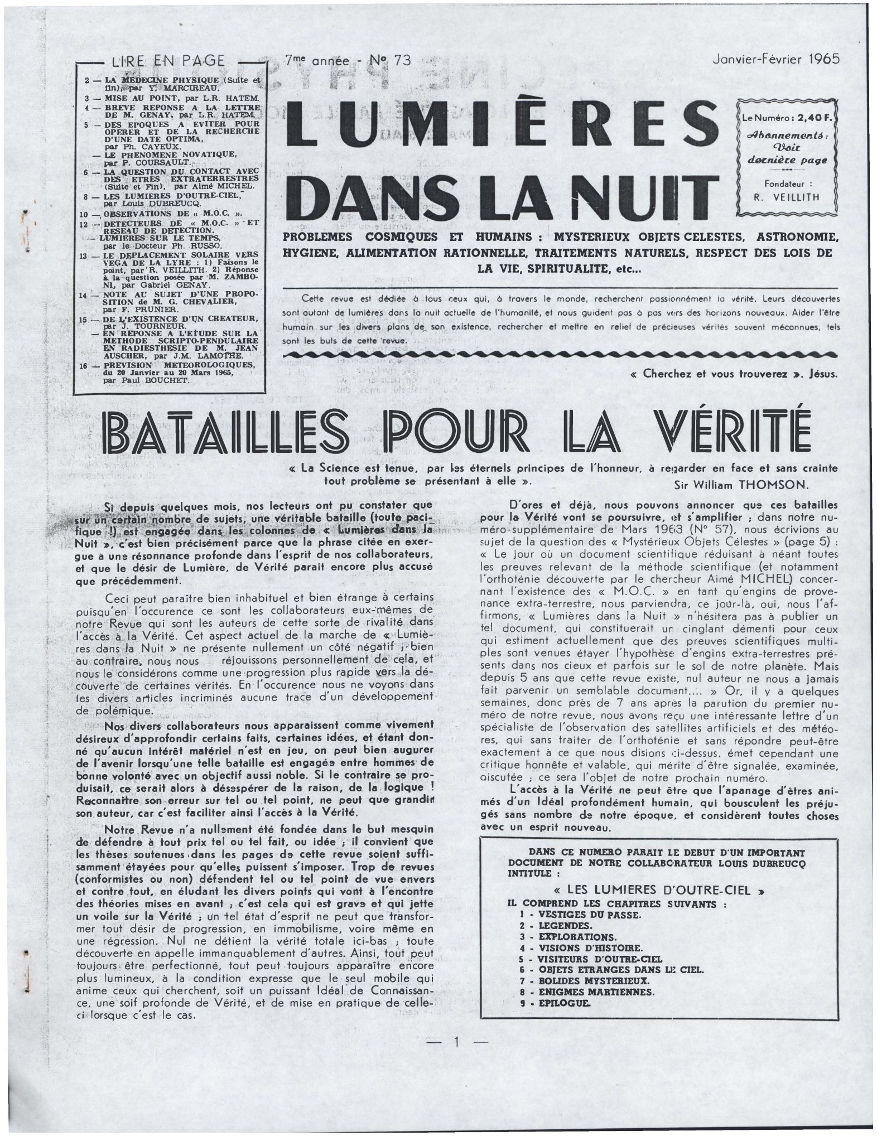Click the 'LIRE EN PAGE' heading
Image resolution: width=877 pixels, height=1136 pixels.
168,61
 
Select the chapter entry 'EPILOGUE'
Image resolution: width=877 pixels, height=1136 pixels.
564,1003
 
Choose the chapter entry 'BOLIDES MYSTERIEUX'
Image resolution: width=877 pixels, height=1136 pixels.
594,980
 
